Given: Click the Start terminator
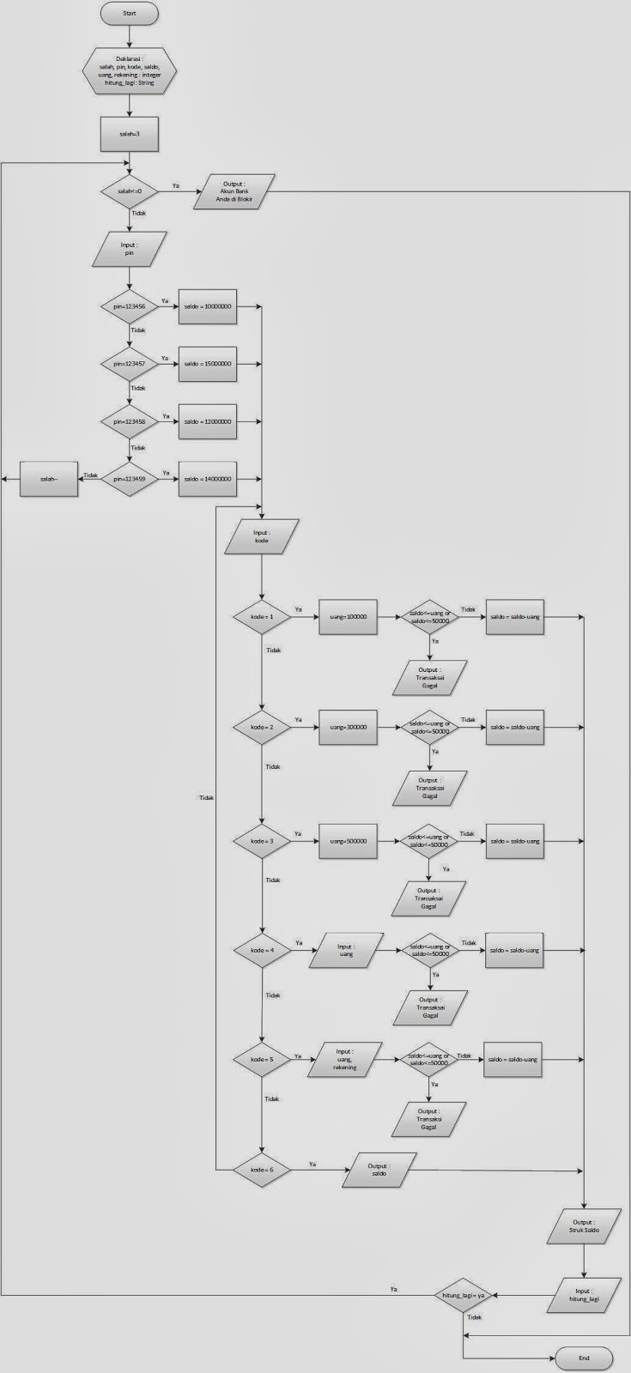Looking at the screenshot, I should (x=130, y=15).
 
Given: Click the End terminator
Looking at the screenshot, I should (x=584, y=1358).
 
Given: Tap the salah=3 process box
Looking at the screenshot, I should (x=130, y=134).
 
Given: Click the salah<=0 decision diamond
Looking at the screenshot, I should (x=130, y=191).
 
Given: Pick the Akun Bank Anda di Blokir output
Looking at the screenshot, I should (x=234, y=191).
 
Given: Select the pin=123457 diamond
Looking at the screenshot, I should (x=130, y=364).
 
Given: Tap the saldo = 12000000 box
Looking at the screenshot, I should (x=207, y=421).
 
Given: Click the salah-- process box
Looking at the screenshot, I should (x=49, y=479).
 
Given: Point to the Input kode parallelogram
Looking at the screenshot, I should (x=262, y=536).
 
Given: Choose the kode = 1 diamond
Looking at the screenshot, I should (x=262, y=617).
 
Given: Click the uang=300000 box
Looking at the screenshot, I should (x=348, y=727).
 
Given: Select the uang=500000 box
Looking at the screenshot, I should (x=348, y=841).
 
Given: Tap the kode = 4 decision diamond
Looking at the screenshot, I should (x=262, y=951).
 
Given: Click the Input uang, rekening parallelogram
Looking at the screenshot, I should (x=345, y=1060).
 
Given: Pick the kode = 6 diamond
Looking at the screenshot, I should (x=262, y=1170).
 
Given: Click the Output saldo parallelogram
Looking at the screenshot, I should (x=379, y=1170).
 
